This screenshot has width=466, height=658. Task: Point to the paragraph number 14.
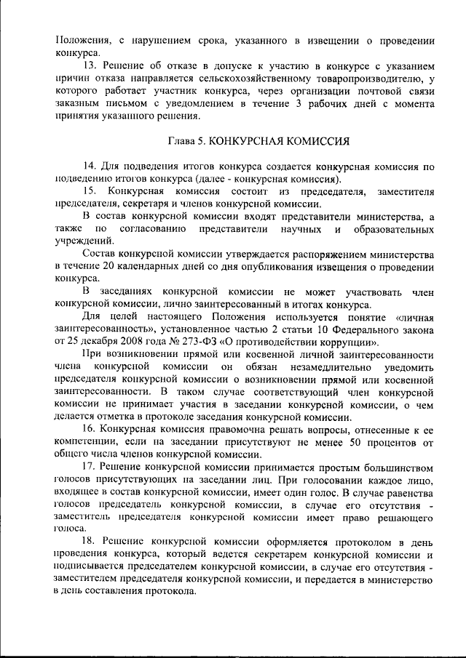[90, 166]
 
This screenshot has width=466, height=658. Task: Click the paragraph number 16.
[90, 430]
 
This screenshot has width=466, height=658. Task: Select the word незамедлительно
[315, 368]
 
